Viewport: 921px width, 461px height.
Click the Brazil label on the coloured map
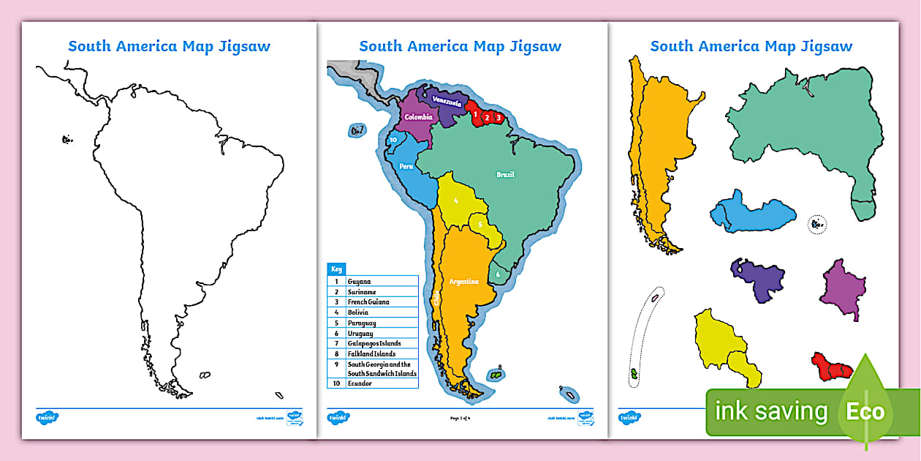point(505,174)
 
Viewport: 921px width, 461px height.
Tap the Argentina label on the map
point(463,282)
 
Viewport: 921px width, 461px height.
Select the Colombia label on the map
point(419,117)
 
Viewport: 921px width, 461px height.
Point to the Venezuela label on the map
point(447,102)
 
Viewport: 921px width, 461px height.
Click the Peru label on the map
point(406,166)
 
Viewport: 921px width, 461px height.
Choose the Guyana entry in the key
point(359,281)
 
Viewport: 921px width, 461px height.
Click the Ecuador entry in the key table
point(360,383)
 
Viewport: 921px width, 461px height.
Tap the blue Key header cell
point(336,269)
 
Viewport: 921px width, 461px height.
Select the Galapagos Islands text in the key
point(374,343)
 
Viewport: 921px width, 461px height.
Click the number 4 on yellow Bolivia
point(455,200)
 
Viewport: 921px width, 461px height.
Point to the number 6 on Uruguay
point(497,274)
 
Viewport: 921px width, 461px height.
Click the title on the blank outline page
point(169,46)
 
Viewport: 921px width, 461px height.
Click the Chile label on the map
point(437,298)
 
